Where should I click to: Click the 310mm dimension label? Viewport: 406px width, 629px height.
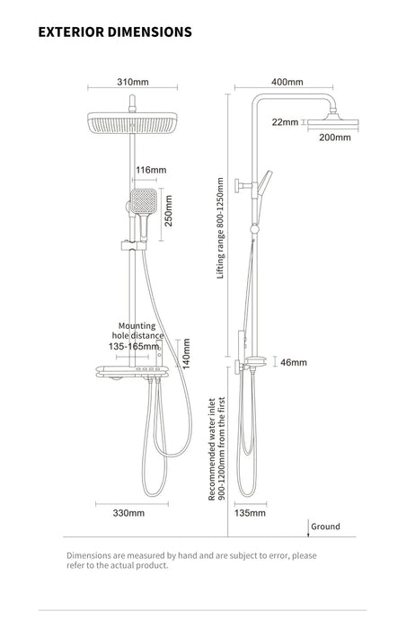click(x=133, y=82)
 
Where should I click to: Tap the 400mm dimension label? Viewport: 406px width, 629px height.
click(x=287, y=82)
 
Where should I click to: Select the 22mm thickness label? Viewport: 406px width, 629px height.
click(x=285, y=122)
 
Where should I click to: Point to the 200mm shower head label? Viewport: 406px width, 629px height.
click(x=335, y=137)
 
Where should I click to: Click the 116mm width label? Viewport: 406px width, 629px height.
click(x=151, y=170)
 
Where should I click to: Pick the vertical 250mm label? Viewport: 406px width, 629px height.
click(x=169, y=210)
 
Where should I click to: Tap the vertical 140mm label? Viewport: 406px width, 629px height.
click(x=186, y=354)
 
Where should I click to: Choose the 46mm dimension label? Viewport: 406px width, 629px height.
click(x=294, y=362)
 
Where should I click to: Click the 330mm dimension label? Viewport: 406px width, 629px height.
click(x=128, y=513)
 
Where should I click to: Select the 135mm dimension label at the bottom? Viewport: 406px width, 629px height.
click(x=250, y=513)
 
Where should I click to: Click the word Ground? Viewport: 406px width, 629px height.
click(x=325, y=527)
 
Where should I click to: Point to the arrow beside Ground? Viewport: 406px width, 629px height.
click(x=308, y=528)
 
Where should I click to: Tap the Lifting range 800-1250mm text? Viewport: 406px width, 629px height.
click(x=220, y=228)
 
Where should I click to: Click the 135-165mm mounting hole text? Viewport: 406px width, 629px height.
click(x=134, y=346)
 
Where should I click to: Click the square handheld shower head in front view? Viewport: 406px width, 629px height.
click(x=143, y=202)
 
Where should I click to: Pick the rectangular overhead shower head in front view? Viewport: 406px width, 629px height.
click(x=132, y=122)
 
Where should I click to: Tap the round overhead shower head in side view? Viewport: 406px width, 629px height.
click(x=333, y=124)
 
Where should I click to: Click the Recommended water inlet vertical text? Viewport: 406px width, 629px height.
click(x=216, y=448)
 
